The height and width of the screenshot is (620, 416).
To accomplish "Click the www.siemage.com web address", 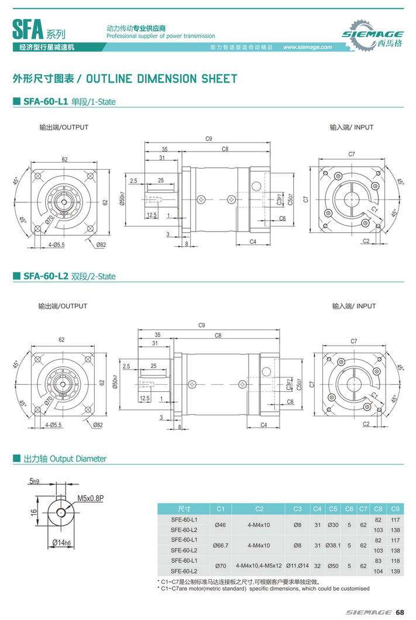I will coord(307,47).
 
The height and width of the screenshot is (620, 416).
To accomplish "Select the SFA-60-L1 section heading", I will coord(69,102).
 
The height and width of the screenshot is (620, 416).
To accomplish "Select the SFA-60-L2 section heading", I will coord(69,276).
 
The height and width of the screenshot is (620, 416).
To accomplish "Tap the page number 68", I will coord(400,612).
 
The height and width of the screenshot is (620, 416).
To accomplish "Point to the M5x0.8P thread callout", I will coord(90,498).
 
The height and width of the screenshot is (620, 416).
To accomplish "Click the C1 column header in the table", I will coord(221,508).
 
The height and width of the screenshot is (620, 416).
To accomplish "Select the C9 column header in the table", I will coord(394,508).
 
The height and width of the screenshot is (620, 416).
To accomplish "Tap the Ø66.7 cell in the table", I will coord(221,545).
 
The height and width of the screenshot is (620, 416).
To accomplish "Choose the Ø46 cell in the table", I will coord(221,525).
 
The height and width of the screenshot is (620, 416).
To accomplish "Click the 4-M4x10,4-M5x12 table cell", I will coord(259,566).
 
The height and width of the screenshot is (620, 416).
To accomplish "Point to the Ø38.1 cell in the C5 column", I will coord(333,545).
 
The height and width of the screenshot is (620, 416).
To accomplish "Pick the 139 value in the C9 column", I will coord(394,571).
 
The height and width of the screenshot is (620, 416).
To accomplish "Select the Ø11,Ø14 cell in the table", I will coord(297,566).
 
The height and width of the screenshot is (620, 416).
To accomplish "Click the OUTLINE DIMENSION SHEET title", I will coord(125,78).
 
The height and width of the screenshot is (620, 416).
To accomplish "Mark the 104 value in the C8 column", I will coord(378,571).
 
